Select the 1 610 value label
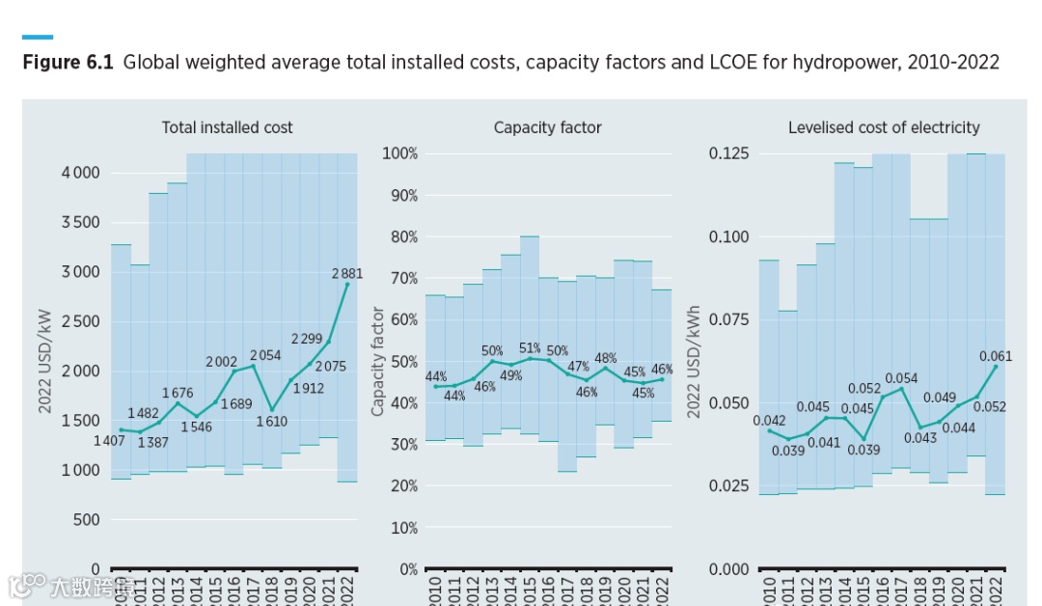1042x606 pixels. coord(273,422)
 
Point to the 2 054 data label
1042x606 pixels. coord(265,355)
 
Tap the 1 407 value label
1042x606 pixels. coord(109,441)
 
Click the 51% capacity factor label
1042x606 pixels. coord(530,347)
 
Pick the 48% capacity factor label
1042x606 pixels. coord(605,358)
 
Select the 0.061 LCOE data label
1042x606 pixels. coord(996,356)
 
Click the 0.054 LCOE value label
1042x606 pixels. coord(901,378)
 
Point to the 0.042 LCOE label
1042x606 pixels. coord(769,421)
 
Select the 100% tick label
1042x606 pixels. coord(400,153)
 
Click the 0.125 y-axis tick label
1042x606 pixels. coord(729,153)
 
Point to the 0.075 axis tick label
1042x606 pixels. coord(729,319)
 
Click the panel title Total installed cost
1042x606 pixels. coord(227,127)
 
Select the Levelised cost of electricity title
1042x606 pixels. coord(883,127)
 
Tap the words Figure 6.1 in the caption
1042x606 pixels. coord(68,63)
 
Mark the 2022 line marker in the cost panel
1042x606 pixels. coord(347,284)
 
